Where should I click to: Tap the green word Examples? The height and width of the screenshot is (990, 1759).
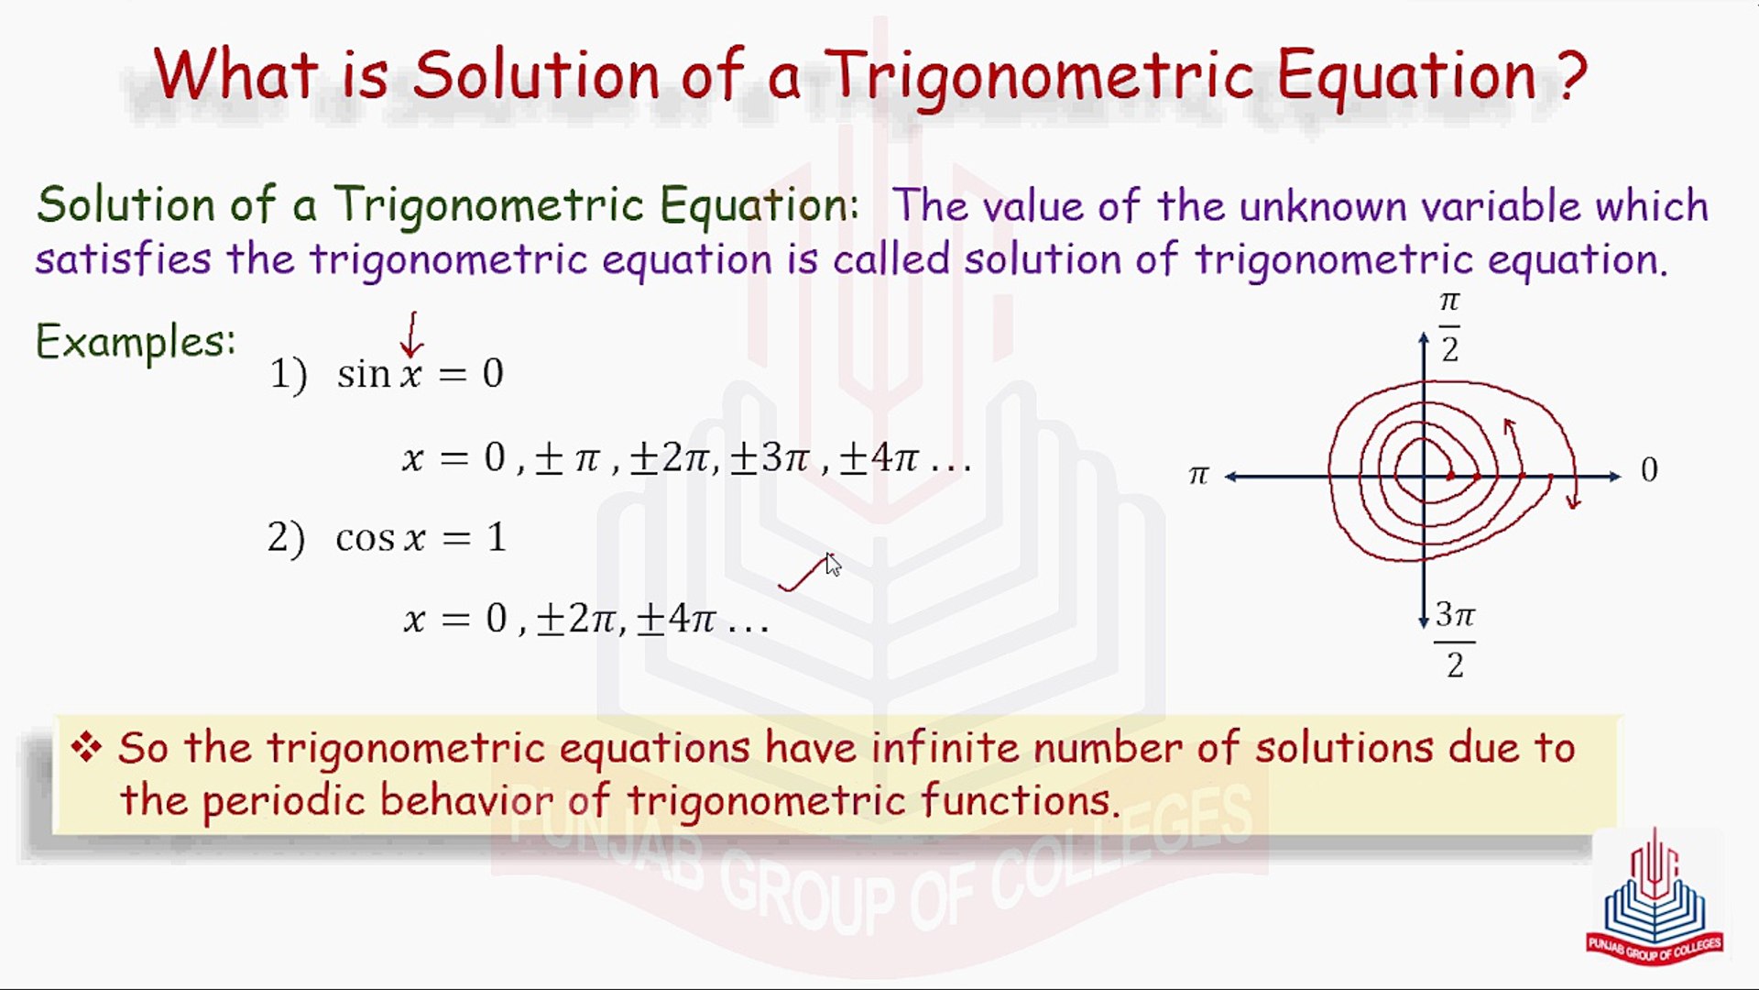(x=136, y=343)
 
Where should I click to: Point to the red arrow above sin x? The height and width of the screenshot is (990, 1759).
(x=411, y=335)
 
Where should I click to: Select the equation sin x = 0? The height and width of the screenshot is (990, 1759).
(x=421, y=374)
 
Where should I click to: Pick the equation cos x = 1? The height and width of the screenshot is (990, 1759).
(x=421, y=537)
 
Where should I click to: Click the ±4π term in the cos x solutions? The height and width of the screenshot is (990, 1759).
(x=676, y=619)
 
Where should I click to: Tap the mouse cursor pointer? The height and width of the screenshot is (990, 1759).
(x=833, y=565)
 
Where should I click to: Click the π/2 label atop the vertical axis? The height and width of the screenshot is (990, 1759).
(x=1449, y=325)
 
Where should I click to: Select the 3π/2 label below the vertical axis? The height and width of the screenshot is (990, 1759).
(x=1455, y=639)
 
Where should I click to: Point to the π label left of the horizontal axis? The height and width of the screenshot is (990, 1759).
(x=1198, y=474)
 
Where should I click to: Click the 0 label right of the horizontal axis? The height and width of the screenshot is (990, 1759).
(x=1649, y=470)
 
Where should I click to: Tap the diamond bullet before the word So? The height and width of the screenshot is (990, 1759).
(x=87, y=747)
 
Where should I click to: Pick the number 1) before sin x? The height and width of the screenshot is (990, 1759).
(x=289, y=375)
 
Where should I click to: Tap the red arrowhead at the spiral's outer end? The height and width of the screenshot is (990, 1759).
(x=1573, y=500)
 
